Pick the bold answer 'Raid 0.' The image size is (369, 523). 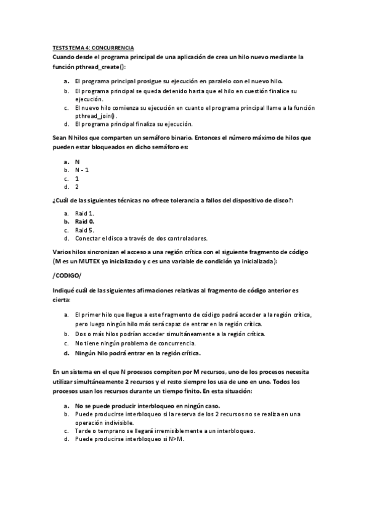tap(85, 221)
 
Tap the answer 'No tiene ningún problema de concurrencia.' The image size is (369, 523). tap(135, 343)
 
